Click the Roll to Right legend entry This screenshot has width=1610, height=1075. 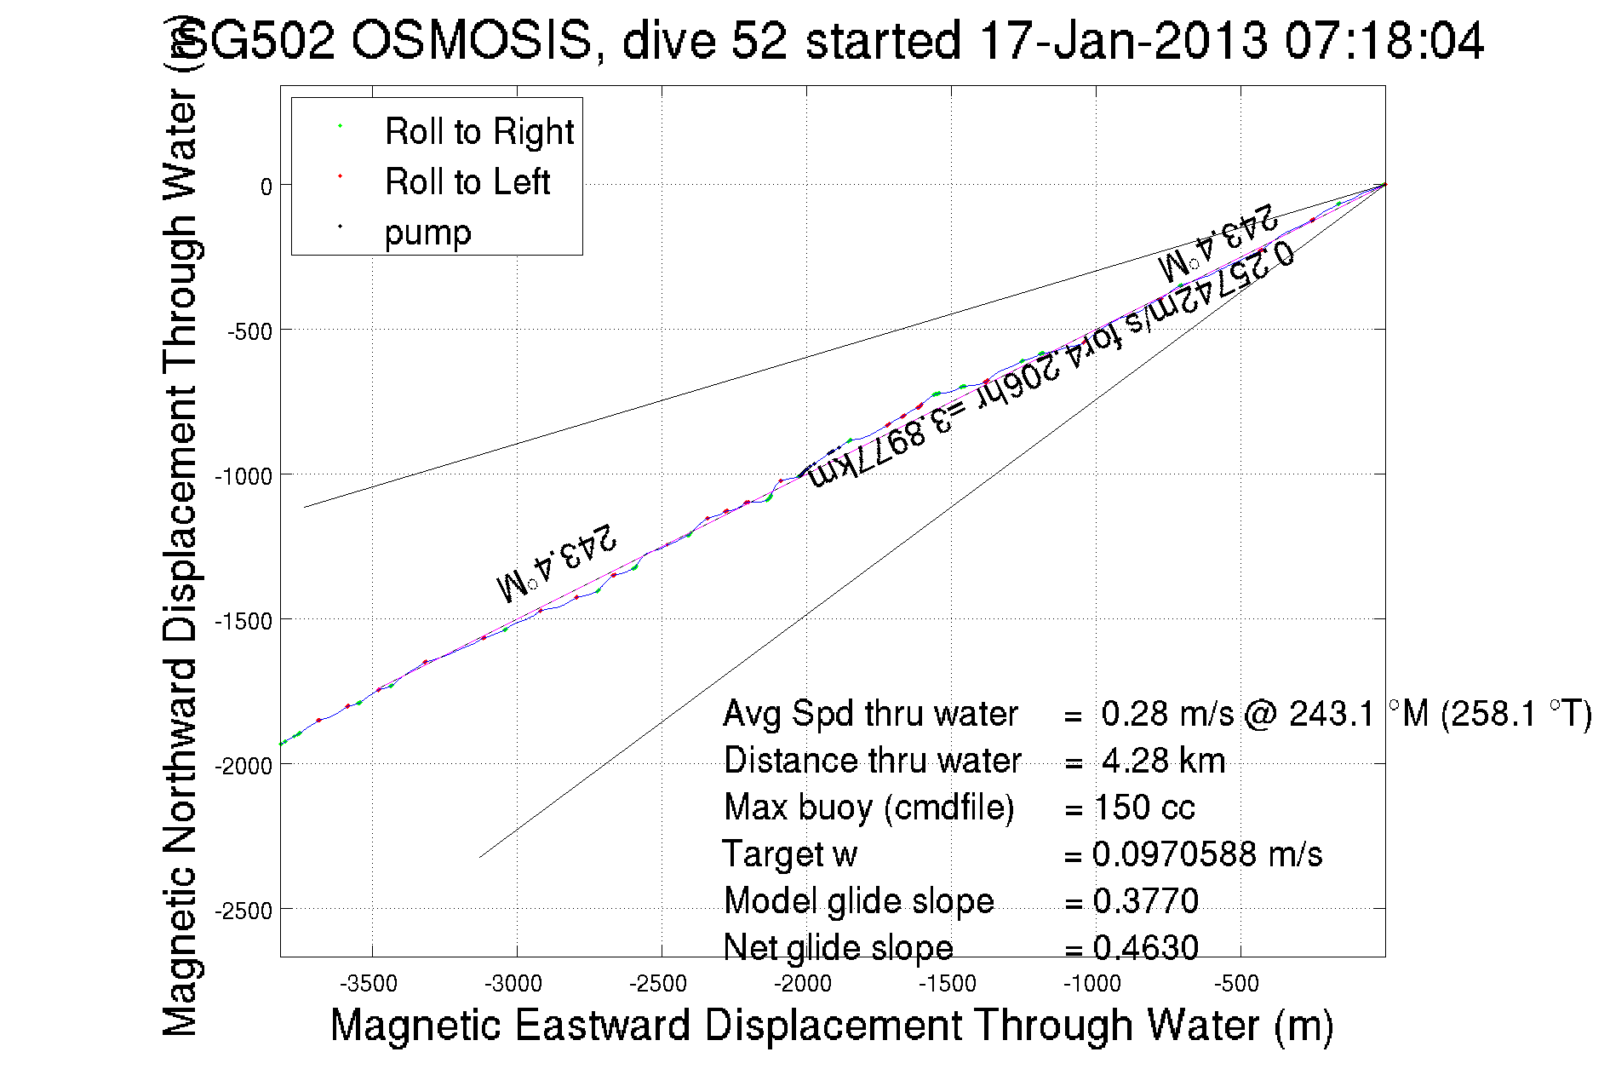pyautogui.click(x=478, y=132)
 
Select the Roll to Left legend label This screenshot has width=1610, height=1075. pyautogui.click(x=467, y=182)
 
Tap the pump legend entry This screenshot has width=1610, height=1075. pyautogui.click(x=427, y=233)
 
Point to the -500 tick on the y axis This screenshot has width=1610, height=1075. pyautogui.click(x=249, y=331)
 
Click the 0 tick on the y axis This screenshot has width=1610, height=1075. pyautogui.click(x=266, y=187)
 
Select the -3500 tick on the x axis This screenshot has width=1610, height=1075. pyautogui.click(x=369, y=984)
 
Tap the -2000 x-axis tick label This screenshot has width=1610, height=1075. pyautogui.click(x=803, y=984)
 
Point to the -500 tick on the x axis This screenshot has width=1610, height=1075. pyautogui.click(x=1237, y=984)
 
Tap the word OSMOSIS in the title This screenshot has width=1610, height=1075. pyautogui.click(x=471, y=40)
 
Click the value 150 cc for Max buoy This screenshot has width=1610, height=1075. pyautogui.click(x=1144, y=808)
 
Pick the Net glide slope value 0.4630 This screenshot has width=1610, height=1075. pyautogui.click(x=1146, y=948)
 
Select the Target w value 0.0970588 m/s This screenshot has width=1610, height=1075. pyautogui.click(x=1207, y=854)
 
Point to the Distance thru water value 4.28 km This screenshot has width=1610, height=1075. pyautogui.click(x=1163, y=761)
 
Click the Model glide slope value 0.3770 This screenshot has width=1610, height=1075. pyautogui.click(x=1146, y=901)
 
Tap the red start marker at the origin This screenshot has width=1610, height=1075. pyautogui.click(x=1385, y=184)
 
